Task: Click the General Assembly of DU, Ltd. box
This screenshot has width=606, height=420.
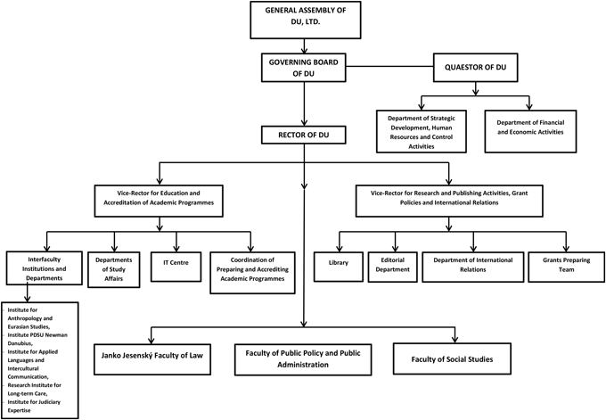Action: [305, 21]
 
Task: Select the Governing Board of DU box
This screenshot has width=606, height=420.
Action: [305, 70]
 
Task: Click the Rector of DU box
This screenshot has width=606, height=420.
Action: [305, 136]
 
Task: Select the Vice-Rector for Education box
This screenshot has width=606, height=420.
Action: [159, 197]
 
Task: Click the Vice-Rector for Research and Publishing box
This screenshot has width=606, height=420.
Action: [450, 197]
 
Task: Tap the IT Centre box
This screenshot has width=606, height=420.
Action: [175, 264]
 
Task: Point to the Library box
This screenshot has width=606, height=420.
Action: [337, 265]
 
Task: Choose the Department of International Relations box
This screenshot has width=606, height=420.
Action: [471, 265]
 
